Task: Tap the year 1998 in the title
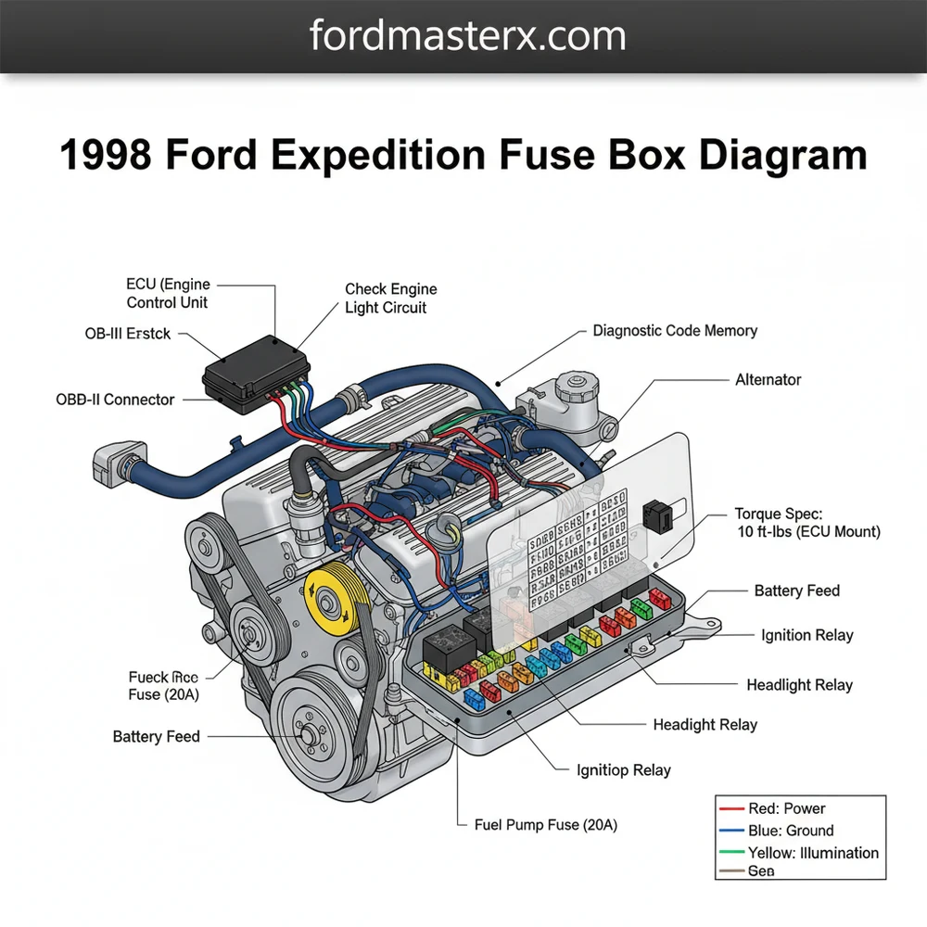pos(106,154)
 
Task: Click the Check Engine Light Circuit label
pos(390,298)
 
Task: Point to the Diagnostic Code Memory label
pos(675,331)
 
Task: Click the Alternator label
pos(768,380)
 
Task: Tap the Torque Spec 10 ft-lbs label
pos(806,522)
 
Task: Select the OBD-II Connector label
pos(115,400)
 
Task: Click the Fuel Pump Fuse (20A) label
pos(545,824)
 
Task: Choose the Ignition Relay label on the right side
pos(806,635)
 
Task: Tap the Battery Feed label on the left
pos(156,737)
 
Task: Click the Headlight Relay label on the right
pos(799,685)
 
